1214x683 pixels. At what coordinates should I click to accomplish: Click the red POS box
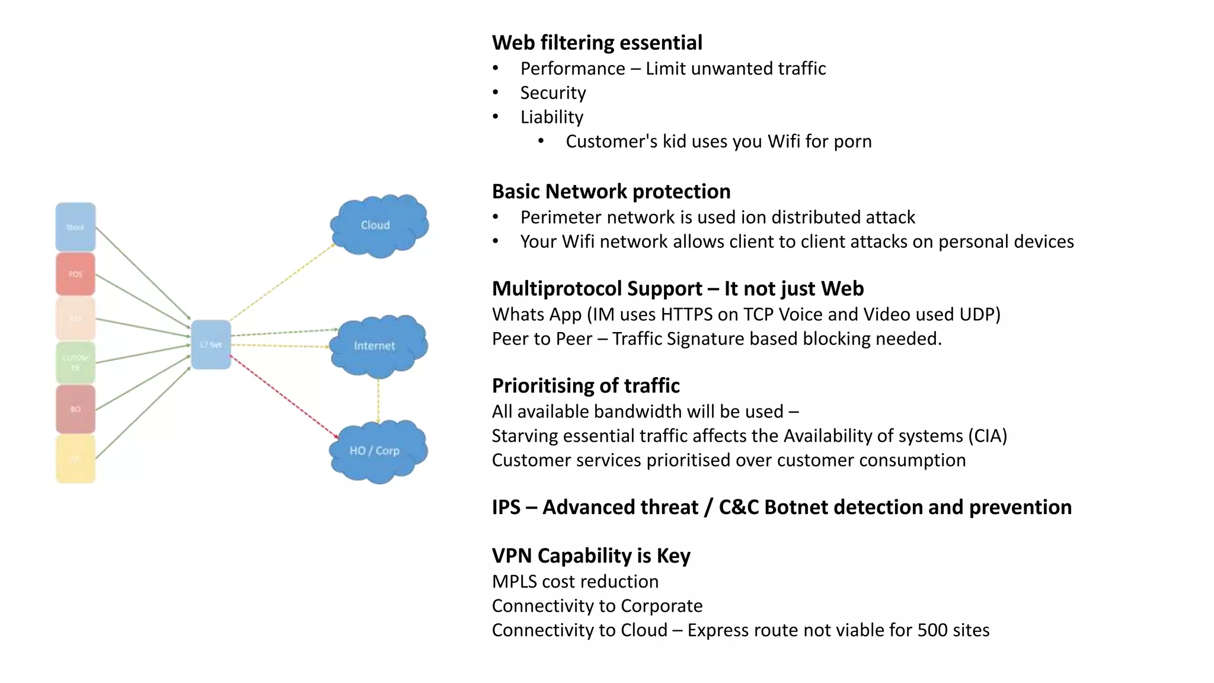(75, 274)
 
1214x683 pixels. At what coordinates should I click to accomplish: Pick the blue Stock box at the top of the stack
(75, 227)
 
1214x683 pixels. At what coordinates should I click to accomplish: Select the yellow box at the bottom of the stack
(75, 459)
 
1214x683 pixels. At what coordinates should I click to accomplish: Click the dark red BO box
(75, 409)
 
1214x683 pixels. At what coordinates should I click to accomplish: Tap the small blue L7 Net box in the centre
(211, 344)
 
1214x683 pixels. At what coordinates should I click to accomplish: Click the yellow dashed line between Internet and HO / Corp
(378, 400)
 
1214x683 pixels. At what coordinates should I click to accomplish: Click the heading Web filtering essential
(597, 43)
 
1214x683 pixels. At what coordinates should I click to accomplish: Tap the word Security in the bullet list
(553, 93)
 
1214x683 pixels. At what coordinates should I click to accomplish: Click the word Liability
(552, 117)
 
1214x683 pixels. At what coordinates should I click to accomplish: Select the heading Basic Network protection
(611, 192)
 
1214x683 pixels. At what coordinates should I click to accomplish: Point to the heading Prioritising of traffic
(586, 386)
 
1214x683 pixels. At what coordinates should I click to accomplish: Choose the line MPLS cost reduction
(575, 582)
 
